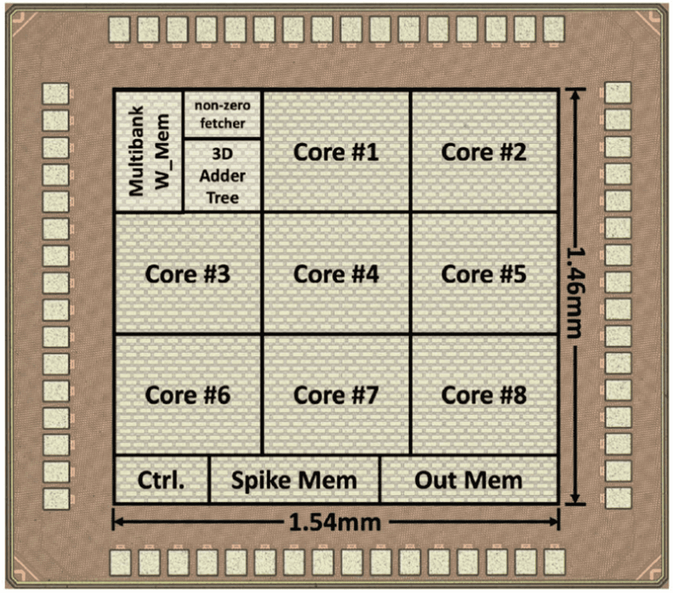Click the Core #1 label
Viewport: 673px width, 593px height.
336,152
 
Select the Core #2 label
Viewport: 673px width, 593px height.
484,152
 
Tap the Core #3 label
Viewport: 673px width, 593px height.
188,274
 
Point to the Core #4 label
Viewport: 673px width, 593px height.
336,274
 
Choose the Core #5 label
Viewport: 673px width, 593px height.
484,274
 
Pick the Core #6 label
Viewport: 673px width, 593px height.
188,395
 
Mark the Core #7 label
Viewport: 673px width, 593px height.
336,395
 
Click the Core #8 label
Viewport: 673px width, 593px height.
484,395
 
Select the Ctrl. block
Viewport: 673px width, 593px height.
161,480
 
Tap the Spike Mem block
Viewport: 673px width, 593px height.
294,480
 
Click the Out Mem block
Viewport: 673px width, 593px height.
468,480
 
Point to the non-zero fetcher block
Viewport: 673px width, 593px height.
222,114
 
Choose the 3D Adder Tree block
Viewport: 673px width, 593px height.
222,175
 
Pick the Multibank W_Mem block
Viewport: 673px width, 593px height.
149,151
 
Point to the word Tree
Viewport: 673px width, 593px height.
222,198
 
